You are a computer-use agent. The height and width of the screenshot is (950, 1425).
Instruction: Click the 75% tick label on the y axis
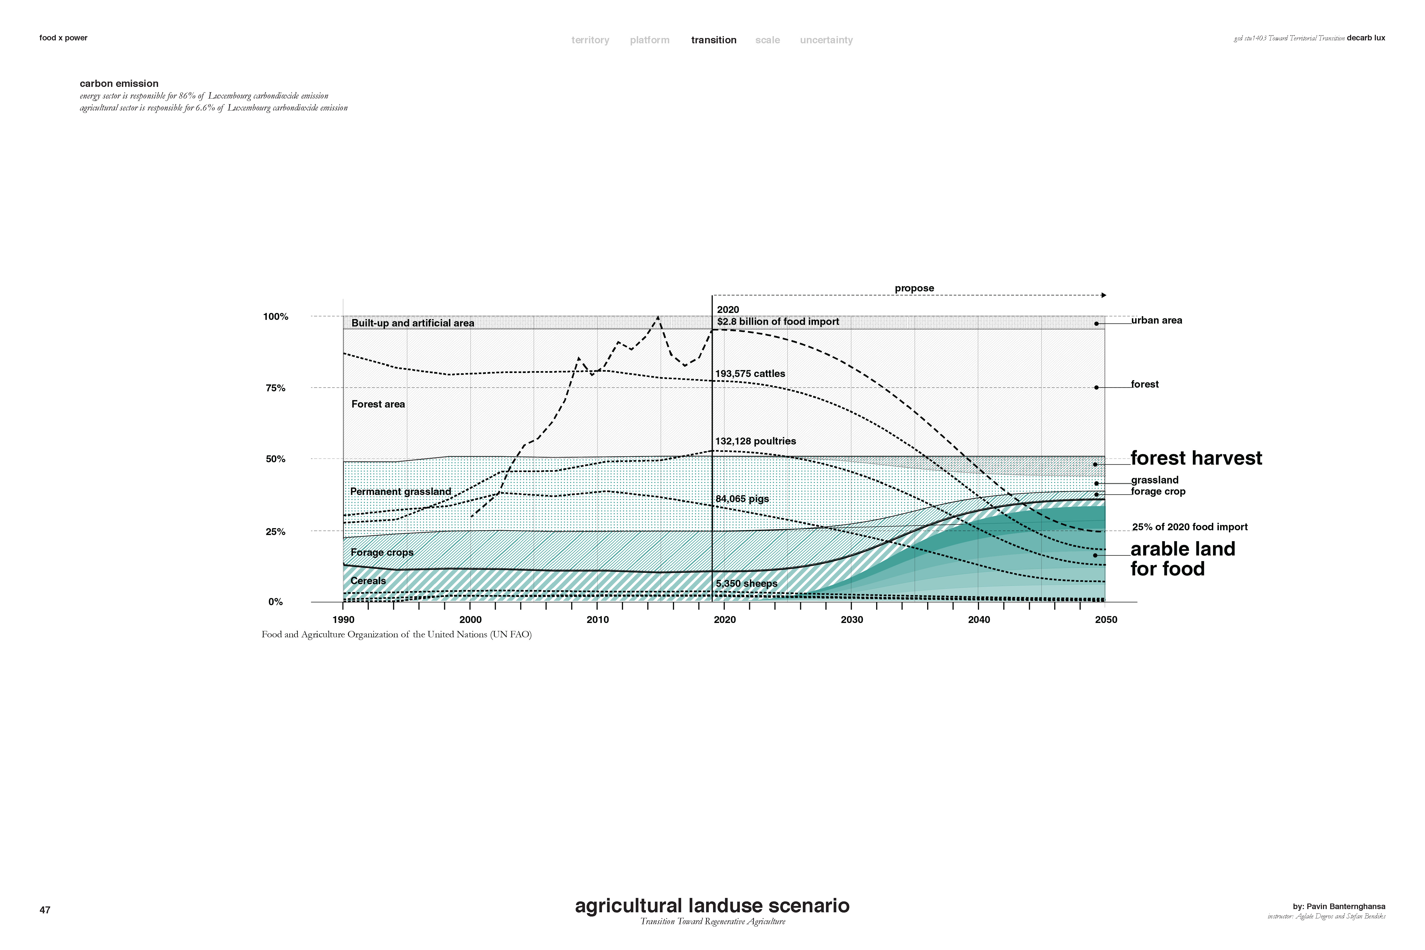[275, 388]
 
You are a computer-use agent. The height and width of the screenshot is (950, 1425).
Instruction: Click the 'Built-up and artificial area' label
[413, 323]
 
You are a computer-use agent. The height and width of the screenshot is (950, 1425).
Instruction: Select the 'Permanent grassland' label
[400, 491]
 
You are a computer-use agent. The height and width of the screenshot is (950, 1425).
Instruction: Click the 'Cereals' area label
[368, 580]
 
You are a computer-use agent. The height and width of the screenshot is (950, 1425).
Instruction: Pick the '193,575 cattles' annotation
[750, 374]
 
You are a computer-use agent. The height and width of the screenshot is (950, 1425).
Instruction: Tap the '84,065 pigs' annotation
[742, 499]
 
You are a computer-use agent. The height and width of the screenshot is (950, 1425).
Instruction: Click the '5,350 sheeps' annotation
[747, 583]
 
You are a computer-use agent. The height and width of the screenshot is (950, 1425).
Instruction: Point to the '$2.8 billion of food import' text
[778, 322]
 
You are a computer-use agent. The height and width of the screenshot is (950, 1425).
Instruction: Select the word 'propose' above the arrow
[914, 289]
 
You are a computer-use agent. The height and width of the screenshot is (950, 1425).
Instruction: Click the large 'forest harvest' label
[1196, 458]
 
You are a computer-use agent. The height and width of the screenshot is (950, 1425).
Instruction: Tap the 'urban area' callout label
[1157, 320]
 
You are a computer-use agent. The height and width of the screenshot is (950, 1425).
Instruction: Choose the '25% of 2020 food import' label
[1190, 527]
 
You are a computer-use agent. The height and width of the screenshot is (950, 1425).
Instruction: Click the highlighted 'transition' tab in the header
[714, 40]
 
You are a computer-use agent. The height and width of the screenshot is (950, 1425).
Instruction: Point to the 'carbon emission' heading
[119, 84]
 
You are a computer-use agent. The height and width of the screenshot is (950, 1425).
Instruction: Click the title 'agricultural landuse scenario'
[712, 906]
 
